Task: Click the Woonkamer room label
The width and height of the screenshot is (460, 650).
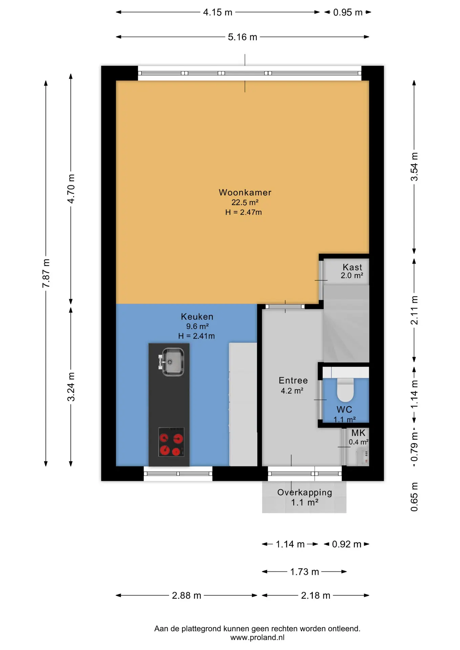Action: [x=245, y=192]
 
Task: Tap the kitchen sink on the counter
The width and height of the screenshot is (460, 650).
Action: [x=172, y=362]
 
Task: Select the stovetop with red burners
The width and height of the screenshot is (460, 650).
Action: [x=171, y=442]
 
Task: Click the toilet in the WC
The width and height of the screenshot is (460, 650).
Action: [x=345, y=390]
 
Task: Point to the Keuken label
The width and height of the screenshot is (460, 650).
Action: [x=197, y=317]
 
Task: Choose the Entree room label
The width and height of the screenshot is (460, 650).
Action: [x=293, y=381]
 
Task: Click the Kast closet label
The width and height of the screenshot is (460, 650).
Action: [x=352, y=267]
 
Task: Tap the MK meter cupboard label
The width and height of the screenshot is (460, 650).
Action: [x=358, y=433]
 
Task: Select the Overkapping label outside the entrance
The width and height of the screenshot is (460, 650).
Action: [x=305, y=493]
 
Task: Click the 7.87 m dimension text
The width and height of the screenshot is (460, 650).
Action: [x=46, y=273]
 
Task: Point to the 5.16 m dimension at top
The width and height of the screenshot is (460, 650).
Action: [x=243, y=37]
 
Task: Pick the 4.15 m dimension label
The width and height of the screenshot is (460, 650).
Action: [x=218, y=13]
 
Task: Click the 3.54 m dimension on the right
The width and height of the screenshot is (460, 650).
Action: [x=414, y=167]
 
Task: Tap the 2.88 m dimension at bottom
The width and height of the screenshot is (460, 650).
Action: [x=187, y=595]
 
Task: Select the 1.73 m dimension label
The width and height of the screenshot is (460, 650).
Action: [x=305, y=572]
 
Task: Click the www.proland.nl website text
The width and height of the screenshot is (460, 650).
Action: [x=257, y=637]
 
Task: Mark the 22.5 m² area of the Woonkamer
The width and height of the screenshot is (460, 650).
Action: [x=245, y=202]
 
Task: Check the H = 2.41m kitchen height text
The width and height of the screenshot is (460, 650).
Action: [x=196, y=336]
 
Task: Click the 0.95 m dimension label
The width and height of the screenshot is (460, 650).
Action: [x=348, y=13]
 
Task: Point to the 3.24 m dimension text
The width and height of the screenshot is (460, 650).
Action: [x=71, y=387]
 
